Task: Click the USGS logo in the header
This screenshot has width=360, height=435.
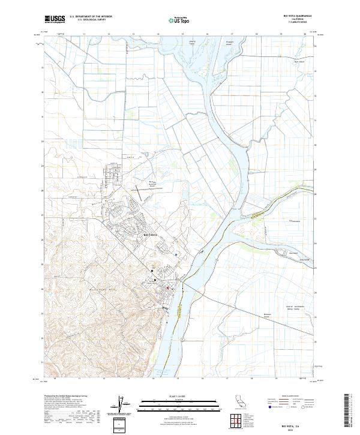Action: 55,19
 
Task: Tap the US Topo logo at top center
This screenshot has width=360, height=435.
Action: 181,19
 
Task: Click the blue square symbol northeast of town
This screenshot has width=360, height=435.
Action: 176,254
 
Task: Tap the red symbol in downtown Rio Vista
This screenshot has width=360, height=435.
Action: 167,287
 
